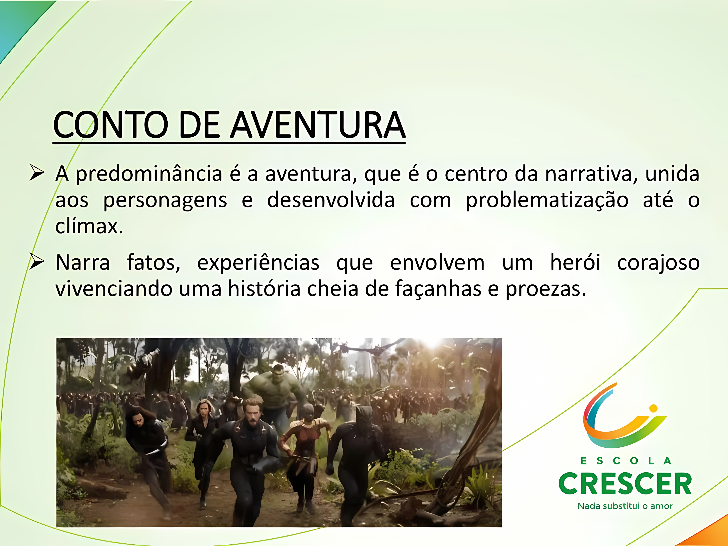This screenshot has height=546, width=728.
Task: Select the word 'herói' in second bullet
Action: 575,263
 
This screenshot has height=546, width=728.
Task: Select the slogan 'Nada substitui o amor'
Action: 625,506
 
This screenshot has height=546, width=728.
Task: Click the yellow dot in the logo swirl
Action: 653,408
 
